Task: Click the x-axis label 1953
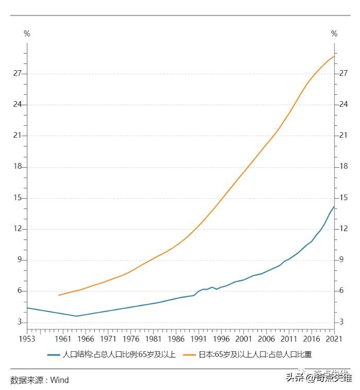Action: pyautogui.click(x=27, y=339)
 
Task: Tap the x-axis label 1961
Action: pyautogui.click(x=62, y=339)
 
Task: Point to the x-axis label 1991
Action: pyautogui.click(x=199, y=339)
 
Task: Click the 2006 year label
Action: pyautogui.click(x=266, y=339)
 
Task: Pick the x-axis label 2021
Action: pyautogui.click(x=334, y=339)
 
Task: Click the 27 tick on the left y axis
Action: pyautogui.click(x=18, y=73)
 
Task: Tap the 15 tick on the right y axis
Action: pyautogui.click(x=343, y=198)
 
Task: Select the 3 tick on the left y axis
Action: pyautogui.click(x=20, y=322)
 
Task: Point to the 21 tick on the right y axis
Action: pyautogui.click(x=343, y=136)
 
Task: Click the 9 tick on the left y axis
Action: pyautogui.click(x=20, y=260)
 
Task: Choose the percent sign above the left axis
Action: pyautogui.click(x=27, y=34)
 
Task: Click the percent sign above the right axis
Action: pyautogui.click(x=334, y=34)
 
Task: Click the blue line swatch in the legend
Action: pyautogui.click(x=54, y=354)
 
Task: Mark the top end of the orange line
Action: pyautogui.click(x=334, y=56)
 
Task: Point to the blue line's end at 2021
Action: pyautogui.click(x=334, y=207)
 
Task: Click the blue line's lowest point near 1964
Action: pyautogui.click(x=76, y=316)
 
